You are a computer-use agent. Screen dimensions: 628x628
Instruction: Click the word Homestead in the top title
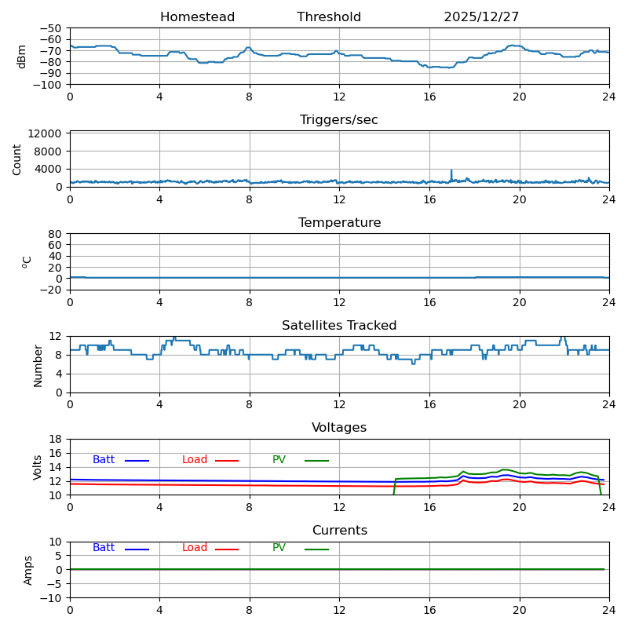pyautogui.click(x=197, y=17)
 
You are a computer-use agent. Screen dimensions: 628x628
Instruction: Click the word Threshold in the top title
pyautogui.click(x=329, y=17)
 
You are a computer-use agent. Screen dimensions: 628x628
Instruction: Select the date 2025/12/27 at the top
pyautogui.click(x=481, y=17)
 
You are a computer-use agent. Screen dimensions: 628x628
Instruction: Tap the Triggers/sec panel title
pyautogui.click(x=339, y=120)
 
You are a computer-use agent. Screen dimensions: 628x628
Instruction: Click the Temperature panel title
pyautogui.click(x=339, y=223)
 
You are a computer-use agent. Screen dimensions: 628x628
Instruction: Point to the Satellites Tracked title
pyautogui.click(x=339, y=326)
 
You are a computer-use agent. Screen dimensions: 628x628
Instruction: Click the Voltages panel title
pyautogui.click(x=339, y=428)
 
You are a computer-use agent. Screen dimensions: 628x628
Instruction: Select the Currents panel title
pyautogui.click(x=339, y=531)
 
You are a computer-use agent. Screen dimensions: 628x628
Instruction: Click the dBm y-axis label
pyautogui.click(x=22, y=56)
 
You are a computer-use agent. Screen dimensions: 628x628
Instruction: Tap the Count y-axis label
pyautogui.click(x=17, y=159)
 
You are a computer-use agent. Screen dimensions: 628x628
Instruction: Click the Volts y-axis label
pyautogui.click(x=38, y=466)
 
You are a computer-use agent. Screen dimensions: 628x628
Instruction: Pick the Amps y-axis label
pyautogui.click(x=28, y=570)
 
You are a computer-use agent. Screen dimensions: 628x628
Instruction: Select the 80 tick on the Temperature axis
pyautogui.click(x=55, y=234)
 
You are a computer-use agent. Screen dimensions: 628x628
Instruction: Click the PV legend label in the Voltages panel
pyautogui.click(x=279, y=460)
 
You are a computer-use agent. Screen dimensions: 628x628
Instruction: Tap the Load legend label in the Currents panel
pyautogui.click(x=195, y=548)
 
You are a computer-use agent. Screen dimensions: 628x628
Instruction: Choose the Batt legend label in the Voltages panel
pyautogui.click(x=104, y=460)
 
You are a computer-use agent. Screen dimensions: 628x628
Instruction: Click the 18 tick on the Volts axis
pyautogui.click(x=56, y=439)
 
